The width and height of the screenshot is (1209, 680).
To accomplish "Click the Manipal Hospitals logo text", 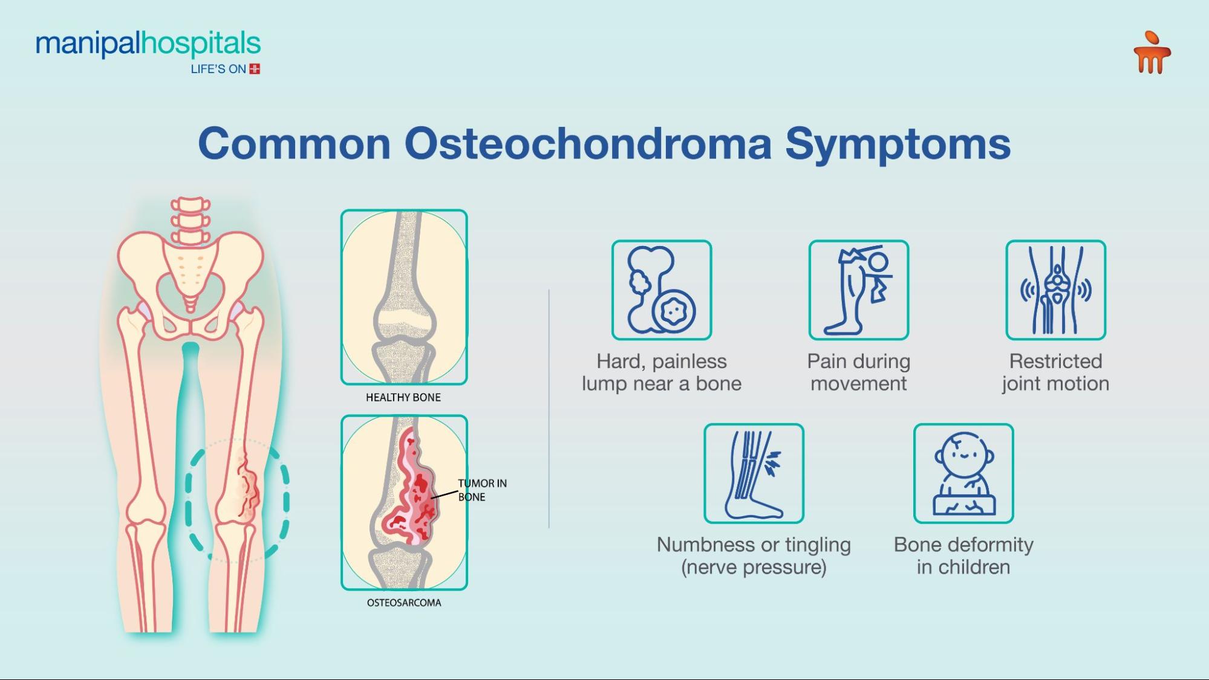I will click(x=148, y=44).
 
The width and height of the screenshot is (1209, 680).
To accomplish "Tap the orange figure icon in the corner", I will click(x=1152, y=53).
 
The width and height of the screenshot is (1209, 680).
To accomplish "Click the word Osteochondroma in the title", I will click(x=587, y=144).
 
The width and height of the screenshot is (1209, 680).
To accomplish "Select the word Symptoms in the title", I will click(x=898, y=144).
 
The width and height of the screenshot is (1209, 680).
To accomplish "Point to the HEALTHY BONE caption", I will click(x=403, y=397).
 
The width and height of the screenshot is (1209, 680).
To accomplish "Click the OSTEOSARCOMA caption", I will click(x=403, y=603).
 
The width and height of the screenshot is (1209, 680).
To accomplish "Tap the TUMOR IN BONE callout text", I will click(x=481, y=490).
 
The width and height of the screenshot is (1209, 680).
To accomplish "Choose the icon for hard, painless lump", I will click(x=661, y=290).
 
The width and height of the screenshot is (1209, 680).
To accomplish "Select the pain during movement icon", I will click(x=858, y=290).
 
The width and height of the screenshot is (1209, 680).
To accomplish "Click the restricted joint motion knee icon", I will click(x=1055, y=290).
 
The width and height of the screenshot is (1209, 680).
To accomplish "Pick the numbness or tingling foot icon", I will click(x=754, y=473).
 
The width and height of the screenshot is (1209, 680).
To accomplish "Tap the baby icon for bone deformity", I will click(x=963, y=473).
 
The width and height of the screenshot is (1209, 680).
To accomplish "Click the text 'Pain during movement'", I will click(x=858, y=372).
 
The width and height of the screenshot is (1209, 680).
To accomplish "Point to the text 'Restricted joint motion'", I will click(x=1055, y=372).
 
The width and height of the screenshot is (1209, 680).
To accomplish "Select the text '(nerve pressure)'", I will click(x=754, y=567).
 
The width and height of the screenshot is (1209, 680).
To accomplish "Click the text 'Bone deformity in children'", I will click(x=963, y=555).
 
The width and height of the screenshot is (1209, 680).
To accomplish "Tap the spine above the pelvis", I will click(x=190, y=219).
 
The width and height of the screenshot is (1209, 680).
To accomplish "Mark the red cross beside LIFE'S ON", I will click(x=255, y=69).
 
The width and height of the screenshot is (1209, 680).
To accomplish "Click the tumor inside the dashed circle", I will click(x=247, y=487).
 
